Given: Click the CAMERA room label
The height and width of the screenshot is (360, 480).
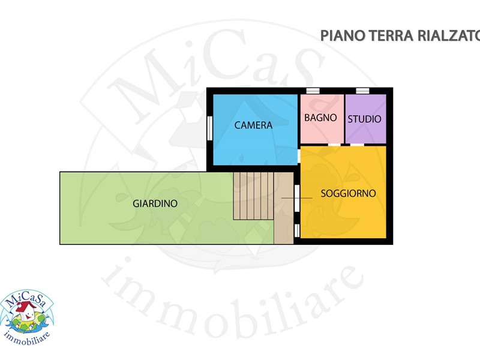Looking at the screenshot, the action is tap(253, 125).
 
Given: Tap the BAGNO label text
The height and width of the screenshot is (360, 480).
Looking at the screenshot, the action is tap(320, 118).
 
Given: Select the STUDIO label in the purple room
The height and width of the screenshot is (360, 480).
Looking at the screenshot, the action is tap(364, 119).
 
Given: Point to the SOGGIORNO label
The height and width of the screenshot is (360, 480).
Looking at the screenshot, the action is tap(348, 193).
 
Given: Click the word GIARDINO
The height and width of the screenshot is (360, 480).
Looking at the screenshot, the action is tap(155, 203).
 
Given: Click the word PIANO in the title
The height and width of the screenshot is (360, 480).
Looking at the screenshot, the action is tap(342, 35).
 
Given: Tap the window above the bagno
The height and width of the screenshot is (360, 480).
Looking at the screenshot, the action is tap(313, 91).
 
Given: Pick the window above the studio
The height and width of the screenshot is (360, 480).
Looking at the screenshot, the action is tap(362, 91).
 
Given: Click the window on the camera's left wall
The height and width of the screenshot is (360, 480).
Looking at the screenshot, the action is tap(209, 128).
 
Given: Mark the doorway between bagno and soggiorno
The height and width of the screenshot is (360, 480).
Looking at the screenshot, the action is tap(334, 145).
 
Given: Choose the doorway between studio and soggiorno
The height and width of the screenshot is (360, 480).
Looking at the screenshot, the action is tap(357, 145).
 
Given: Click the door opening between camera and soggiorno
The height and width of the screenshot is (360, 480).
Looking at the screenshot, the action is tap(299, 156).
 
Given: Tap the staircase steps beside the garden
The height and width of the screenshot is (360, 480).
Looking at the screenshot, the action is tap(253, 196).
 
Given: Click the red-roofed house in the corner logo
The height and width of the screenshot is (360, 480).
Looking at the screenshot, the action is tap(26, 310).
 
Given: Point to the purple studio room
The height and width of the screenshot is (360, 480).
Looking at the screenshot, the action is tap(365, 118).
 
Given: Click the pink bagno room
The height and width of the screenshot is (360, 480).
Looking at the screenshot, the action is tap(322, 118).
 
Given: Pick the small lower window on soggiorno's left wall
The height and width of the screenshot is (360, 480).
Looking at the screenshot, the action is tap(296, 230).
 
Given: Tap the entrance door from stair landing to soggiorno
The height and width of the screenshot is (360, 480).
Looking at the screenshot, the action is tap(296, 198).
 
